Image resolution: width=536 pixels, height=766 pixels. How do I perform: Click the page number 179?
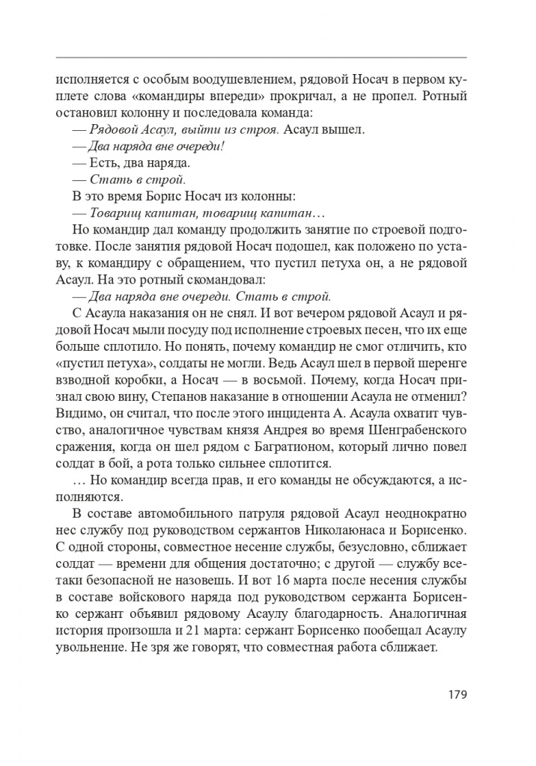[456, 694]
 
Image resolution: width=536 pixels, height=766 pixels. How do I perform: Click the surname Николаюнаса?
[334, 530]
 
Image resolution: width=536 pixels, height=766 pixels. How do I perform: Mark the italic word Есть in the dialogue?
[105, 162]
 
